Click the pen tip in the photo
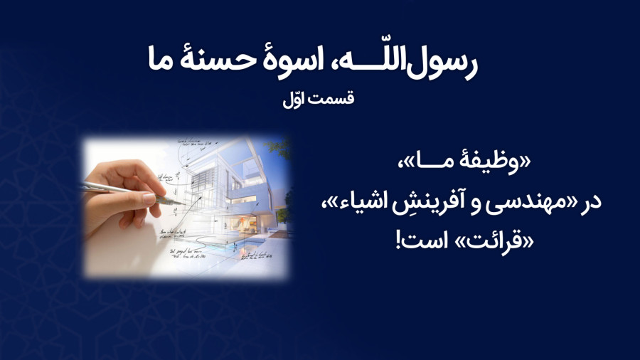pyautogui.click(x=184, y=203)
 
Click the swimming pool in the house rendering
pyautogui.click(x=228, y=245)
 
